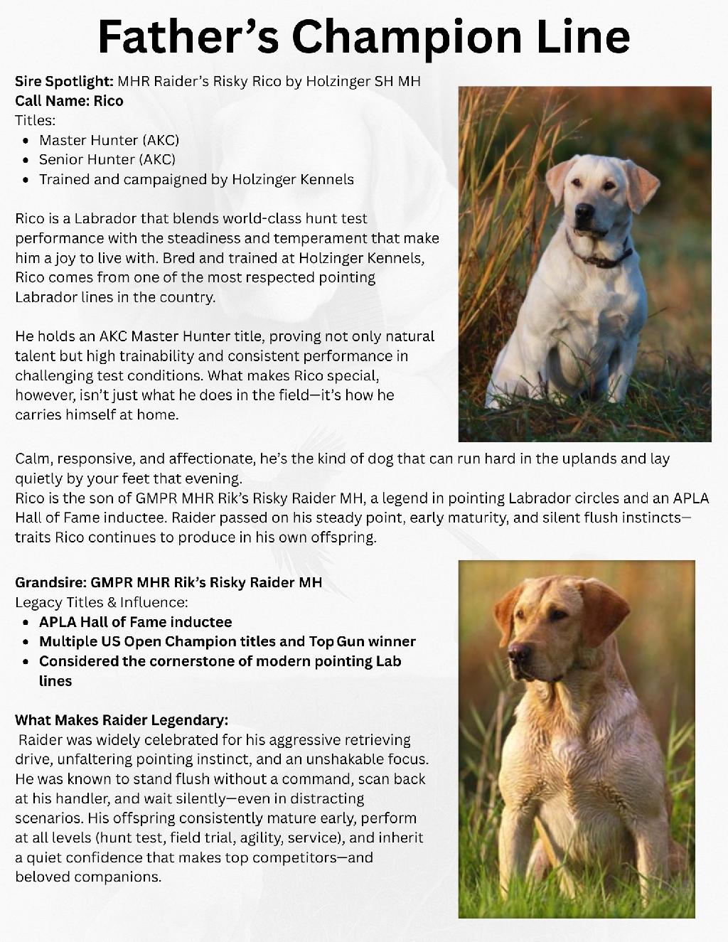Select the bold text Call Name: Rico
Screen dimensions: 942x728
(69, 101)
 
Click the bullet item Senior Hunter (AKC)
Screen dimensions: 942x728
(107, 159)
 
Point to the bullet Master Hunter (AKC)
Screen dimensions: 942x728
(109, 140)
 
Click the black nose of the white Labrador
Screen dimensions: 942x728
(584, 211)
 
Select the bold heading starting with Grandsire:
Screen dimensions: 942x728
(168, 582)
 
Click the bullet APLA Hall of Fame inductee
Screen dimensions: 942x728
(135, 621)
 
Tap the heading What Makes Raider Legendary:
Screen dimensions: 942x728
(122, 719)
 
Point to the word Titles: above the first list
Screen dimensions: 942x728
(35, 120)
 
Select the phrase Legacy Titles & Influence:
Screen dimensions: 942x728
(102, 602)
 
